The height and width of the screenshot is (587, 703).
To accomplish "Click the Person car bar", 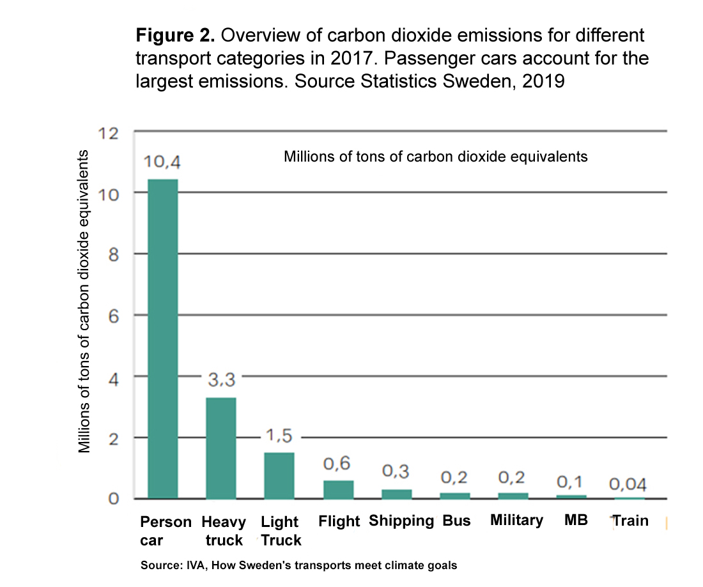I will point(162,339).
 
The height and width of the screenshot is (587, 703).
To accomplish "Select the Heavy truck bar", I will point(220,448).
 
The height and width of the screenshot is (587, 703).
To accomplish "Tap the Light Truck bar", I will point(279,475).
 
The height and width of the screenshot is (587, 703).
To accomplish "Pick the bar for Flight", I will point(338,489).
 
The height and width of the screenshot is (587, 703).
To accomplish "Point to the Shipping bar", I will point(397,494).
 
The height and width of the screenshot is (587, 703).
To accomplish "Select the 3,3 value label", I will point(222,381).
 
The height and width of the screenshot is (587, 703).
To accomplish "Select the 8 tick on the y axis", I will point(113,254).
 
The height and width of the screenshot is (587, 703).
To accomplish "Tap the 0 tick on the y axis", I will point(113,499).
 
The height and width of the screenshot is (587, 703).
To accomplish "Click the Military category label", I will point(516,520).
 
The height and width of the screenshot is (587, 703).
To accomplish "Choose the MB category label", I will point(576,520).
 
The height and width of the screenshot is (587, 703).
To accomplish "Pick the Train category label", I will point(631,521).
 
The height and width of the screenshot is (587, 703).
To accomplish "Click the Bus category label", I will point(456,521).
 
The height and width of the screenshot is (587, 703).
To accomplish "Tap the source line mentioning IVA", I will point(299,565).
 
